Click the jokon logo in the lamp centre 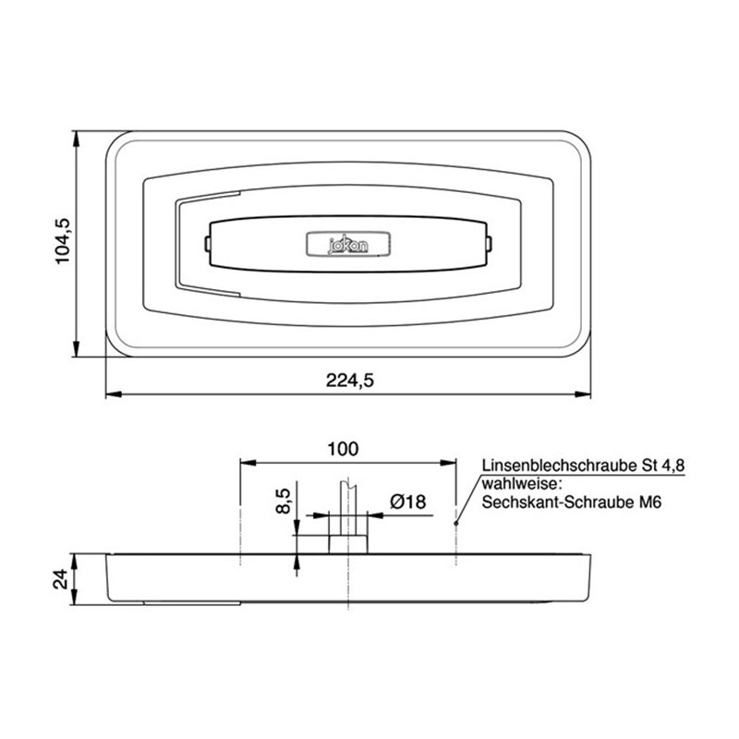tap(349, 244)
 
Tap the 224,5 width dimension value tap(349, 379)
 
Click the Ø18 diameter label tap(407, 502)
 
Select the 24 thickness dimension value tap(58, 578)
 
